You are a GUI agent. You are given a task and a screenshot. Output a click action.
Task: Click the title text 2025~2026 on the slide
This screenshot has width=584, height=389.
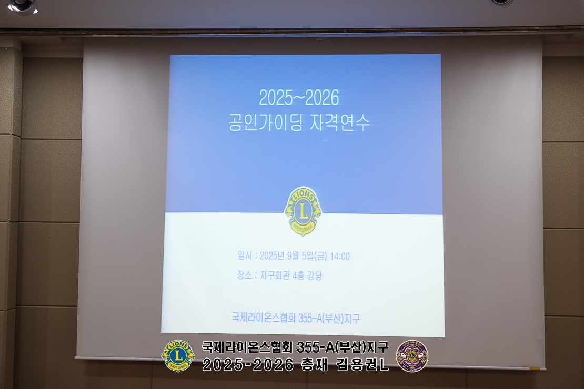[299, 98]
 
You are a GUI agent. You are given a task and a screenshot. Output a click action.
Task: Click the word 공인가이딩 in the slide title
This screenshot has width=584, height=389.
[265, 122]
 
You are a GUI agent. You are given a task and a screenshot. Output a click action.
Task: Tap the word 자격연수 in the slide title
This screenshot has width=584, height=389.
[340, 122]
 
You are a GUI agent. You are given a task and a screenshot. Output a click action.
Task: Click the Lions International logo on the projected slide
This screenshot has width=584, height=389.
[303, 211]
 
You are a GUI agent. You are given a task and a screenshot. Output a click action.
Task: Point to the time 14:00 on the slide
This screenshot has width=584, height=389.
[340, 257]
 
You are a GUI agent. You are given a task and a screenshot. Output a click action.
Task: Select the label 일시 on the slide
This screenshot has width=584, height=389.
[245, 255]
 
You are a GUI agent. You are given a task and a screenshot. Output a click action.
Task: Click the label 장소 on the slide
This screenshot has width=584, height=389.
[244, 275]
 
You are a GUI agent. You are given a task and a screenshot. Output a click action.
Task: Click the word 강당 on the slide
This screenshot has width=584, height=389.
[314, 275]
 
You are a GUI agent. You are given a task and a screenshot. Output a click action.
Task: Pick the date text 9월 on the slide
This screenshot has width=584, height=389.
[293, 255]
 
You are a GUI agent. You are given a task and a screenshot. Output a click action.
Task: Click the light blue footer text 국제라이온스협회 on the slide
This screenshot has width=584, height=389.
[264, 318]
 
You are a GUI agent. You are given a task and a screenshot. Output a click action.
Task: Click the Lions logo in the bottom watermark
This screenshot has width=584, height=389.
[178, 356]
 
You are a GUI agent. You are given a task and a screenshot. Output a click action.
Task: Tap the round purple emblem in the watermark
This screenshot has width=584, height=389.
[412, 356]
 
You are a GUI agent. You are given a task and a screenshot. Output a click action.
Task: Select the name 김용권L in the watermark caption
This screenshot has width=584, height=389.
[363, 365]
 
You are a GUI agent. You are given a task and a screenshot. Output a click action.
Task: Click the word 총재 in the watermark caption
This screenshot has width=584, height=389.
[314, 365]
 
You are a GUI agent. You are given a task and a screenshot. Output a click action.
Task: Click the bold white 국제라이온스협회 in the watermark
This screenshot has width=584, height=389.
[248, 347]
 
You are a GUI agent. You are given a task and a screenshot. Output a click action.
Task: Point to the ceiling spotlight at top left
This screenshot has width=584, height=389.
[22, 6]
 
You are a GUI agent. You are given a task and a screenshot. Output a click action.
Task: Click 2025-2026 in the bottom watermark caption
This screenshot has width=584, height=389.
[248, 365]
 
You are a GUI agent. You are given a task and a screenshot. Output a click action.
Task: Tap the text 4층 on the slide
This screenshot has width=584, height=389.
[298, 275]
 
